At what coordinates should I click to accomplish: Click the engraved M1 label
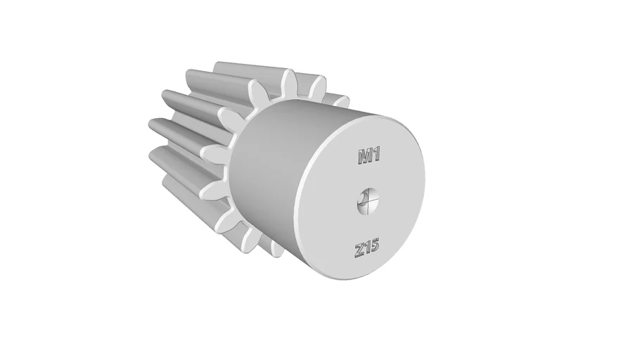click(369, 156)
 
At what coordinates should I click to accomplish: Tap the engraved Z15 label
click(367, 249)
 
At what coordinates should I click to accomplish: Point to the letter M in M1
click(364, 157)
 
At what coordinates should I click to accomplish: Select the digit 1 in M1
click(377, 155)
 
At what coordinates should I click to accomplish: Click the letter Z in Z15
click(359, 250)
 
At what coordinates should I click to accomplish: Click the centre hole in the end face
click(369, 201)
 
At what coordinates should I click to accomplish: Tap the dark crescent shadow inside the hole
click(361, 200)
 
